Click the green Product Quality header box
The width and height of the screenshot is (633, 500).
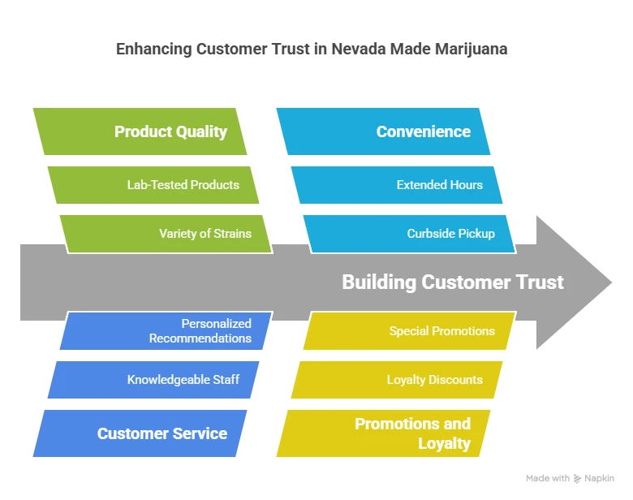coord(140,131)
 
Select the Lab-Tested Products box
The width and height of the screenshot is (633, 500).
coord(153,185)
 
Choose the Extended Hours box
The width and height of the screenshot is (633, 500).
coord(398,185)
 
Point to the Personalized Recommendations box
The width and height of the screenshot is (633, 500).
coord(166,331)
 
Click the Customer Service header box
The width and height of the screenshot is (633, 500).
coord(140,433)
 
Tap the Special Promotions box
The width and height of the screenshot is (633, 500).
coord(409,331)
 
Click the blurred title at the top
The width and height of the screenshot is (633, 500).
coord(312,50)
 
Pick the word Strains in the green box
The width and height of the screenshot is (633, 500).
coord(232,234)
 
